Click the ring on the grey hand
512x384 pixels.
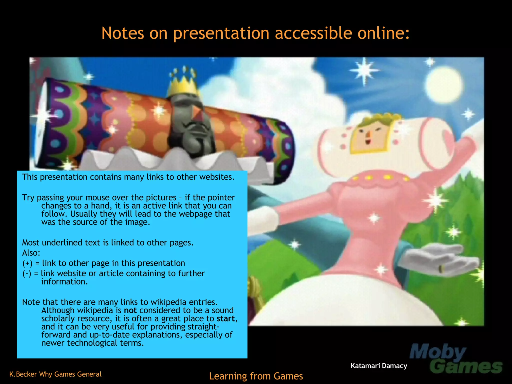click(442, 269)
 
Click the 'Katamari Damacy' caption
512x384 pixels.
click(379, 366)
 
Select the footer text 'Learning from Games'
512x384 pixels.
click(256, 376)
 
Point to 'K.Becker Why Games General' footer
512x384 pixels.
click(55, 374)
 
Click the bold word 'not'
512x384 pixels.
click(130, 310)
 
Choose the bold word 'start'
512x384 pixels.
click(226, 319)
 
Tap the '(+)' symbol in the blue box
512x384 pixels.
click(27, 263)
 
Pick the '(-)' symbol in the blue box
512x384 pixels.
click(27, 273)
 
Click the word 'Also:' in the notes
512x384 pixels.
click(31, 253)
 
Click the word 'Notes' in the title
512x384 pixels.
click(123, 33)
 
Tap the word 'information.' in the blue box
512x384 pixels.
click(64, 282)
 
